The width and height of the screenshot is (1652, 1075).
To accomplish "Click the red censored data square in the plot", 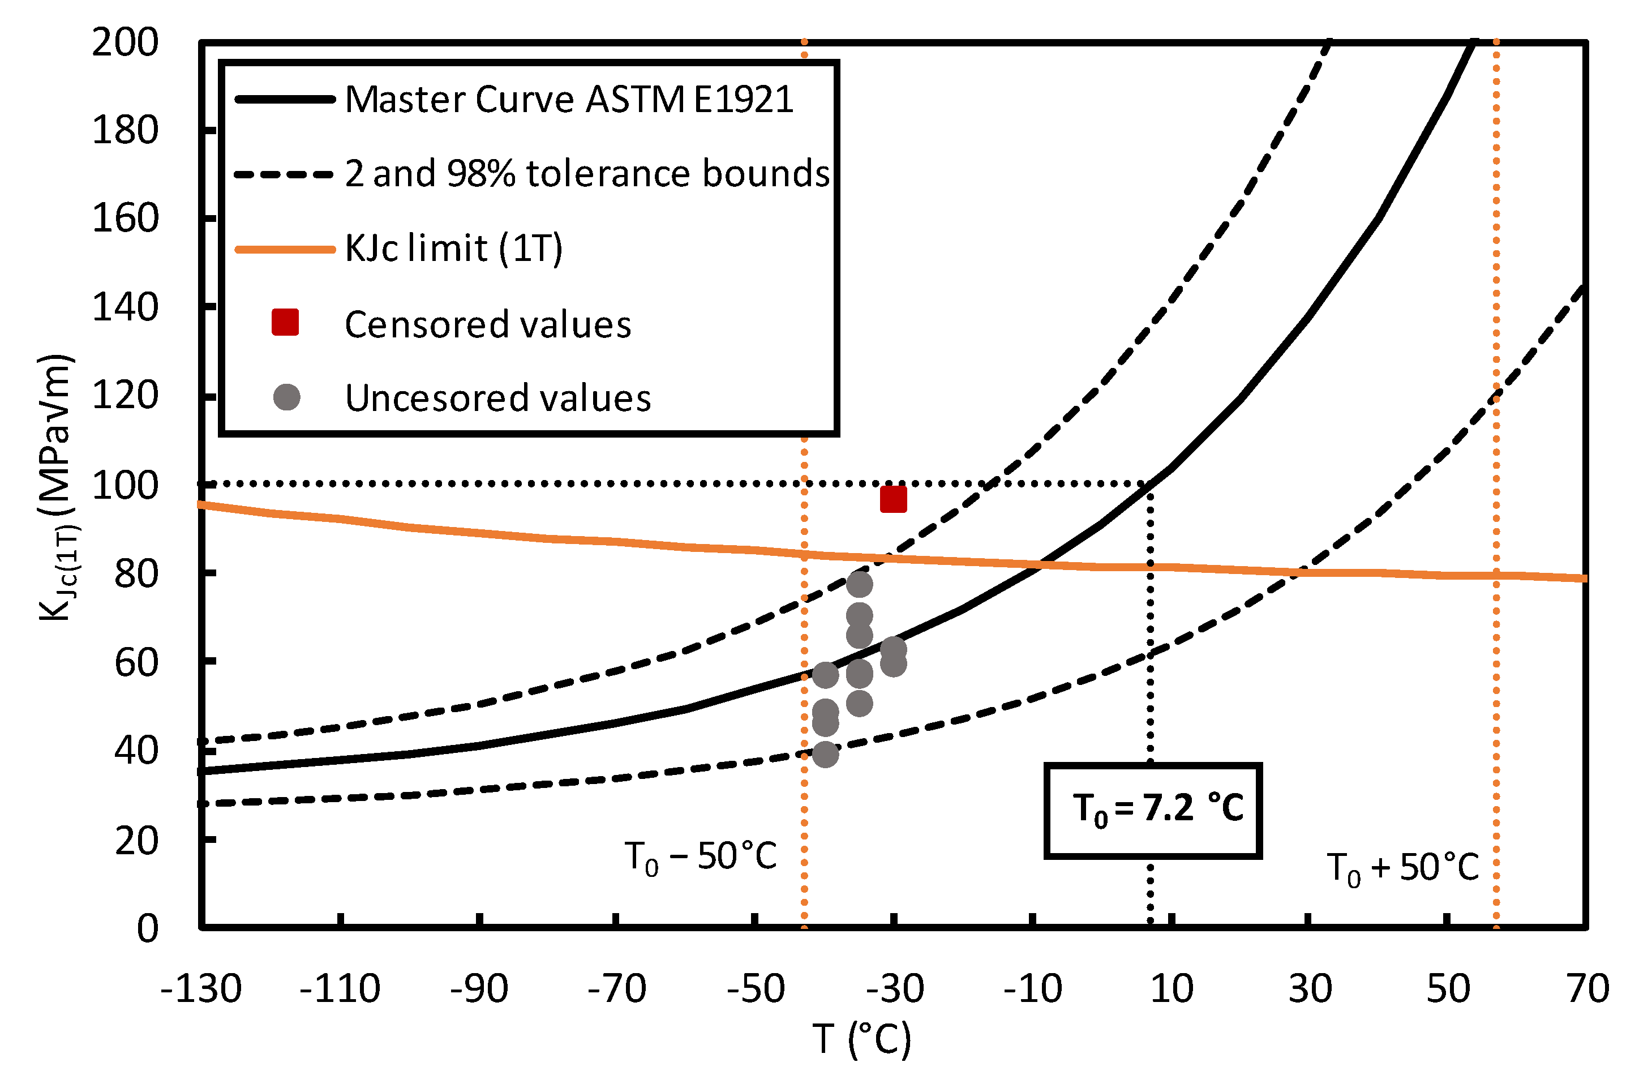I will pyautogui.click(x=892, y=499).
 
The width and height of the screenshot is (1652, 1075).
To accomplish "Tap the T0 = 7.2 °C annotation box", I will pyautogui.click(x=1152, y=811).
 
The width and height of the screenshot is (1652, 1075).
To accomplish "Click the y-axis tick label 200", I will pyautogui.click(x=125, y=43).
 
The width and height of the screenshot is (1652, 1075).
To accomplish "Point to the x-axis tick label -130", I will pyautogui.click(x=200, y=989).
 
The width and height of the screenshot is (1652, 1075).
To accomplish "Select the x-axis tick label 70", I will pyautogui.click(x=1587, y=989).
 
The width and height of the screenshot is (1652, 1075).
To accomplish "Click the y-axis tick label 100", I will pyautogui.click(x=125, y=485).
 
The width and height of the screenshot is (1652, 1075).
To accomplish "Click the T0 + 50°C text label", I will pyautogui.click(x=1402, y=868).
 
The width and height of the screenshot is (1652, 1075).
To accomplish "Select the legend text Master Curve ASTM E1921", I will pyautogui.click(x=569, y=99).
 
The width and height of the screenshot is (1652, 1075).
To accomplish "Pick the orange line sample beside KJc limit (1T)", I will pyautogui.click(x=285, y=249).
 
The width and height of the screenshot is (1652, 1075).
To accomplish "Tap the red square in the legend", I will pyautogui.click(x=285, y=322).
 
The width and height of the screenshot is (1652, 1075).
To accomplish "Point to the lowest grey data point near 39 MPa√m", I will pyautogui.click(x=825, y=754).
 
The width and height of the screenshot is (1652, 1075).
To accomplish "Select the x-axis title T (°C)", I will pyautogui.click(x=861, y=1039).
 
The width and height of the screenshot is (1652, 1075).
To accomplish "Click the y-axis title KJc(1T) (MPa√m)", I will pyautogui.click(x=57, y=486).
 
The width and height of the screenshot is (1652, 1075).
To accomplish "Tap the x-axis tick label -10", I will pyautogui.click(x=1032, y=989).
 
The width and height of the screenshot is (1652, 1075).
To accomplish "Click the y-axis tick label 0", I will pyautogui.click(x=147, y=928).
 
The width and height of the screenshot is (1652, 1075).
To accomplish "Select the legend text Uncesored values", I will pyautogui.click(x=497, y=399).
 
